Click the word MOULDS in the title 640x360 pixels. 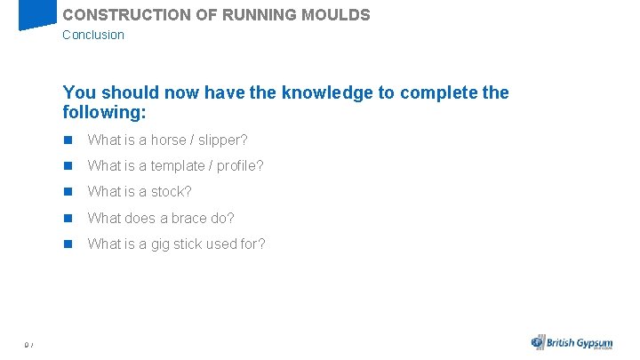tap(338, 15)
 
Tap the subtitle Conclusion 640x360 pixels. tap(93, 35)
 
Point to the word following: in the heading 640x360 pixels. tap(104, 113)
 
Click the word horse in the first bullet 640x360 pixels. tap(169, 140)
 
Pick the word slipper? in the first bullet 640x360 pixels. tap(223, 140)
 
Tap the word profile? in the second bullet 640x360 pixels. tap(241, 166)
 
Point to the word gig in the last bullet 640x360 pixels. tap(162, 244)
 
